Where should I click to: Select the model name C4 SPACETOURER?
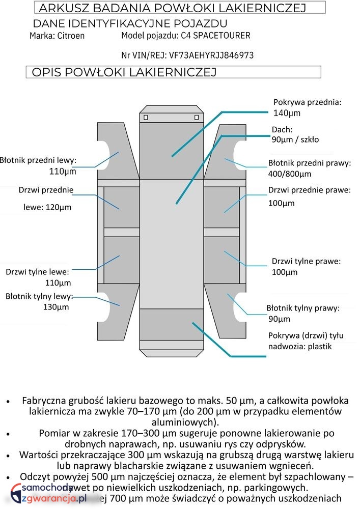(215, 36)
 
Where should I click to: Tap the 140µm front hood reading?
(287, 113)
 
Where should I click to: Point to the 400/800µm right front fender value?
(289, 174)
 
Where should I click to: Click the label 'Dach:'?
(282, 130)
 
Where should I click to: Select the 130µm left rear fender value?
(56, 307)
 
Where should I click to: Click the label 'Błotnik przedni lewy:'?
(38, 160)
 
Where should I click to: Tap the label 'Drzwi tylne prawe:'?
(306, 261)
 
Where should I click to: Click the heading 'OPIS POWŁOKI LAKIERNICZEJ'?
(124, 72)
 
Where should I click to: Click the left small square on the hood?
(146, 118)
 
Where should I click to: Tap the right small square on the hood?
(197, 118)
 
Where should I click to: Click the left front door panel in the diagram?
(121, 207)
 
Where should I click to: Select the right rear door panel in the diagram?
(221, 259)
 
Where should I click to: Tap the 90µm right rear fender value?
(279, 319)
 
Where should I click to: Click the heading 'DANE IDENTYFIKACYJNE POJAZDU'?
(130, 24)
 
